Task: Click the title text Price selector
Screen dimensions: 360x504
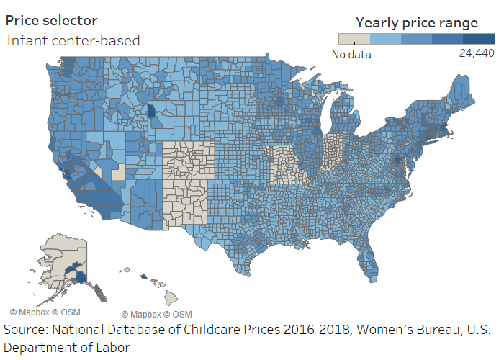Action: pos(52,21)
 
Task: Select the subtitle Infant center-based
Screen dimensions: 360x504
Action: pos(73,40)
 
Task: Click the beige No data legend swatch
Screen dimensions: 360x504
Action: pos(354,39)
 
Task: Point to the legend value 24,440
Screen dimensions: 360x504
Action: pos(476,53)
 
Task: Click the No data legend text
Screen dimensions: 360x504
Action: pos(351,53)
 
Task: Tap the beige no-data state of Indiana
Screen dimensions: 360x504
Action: pos(333,155)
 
